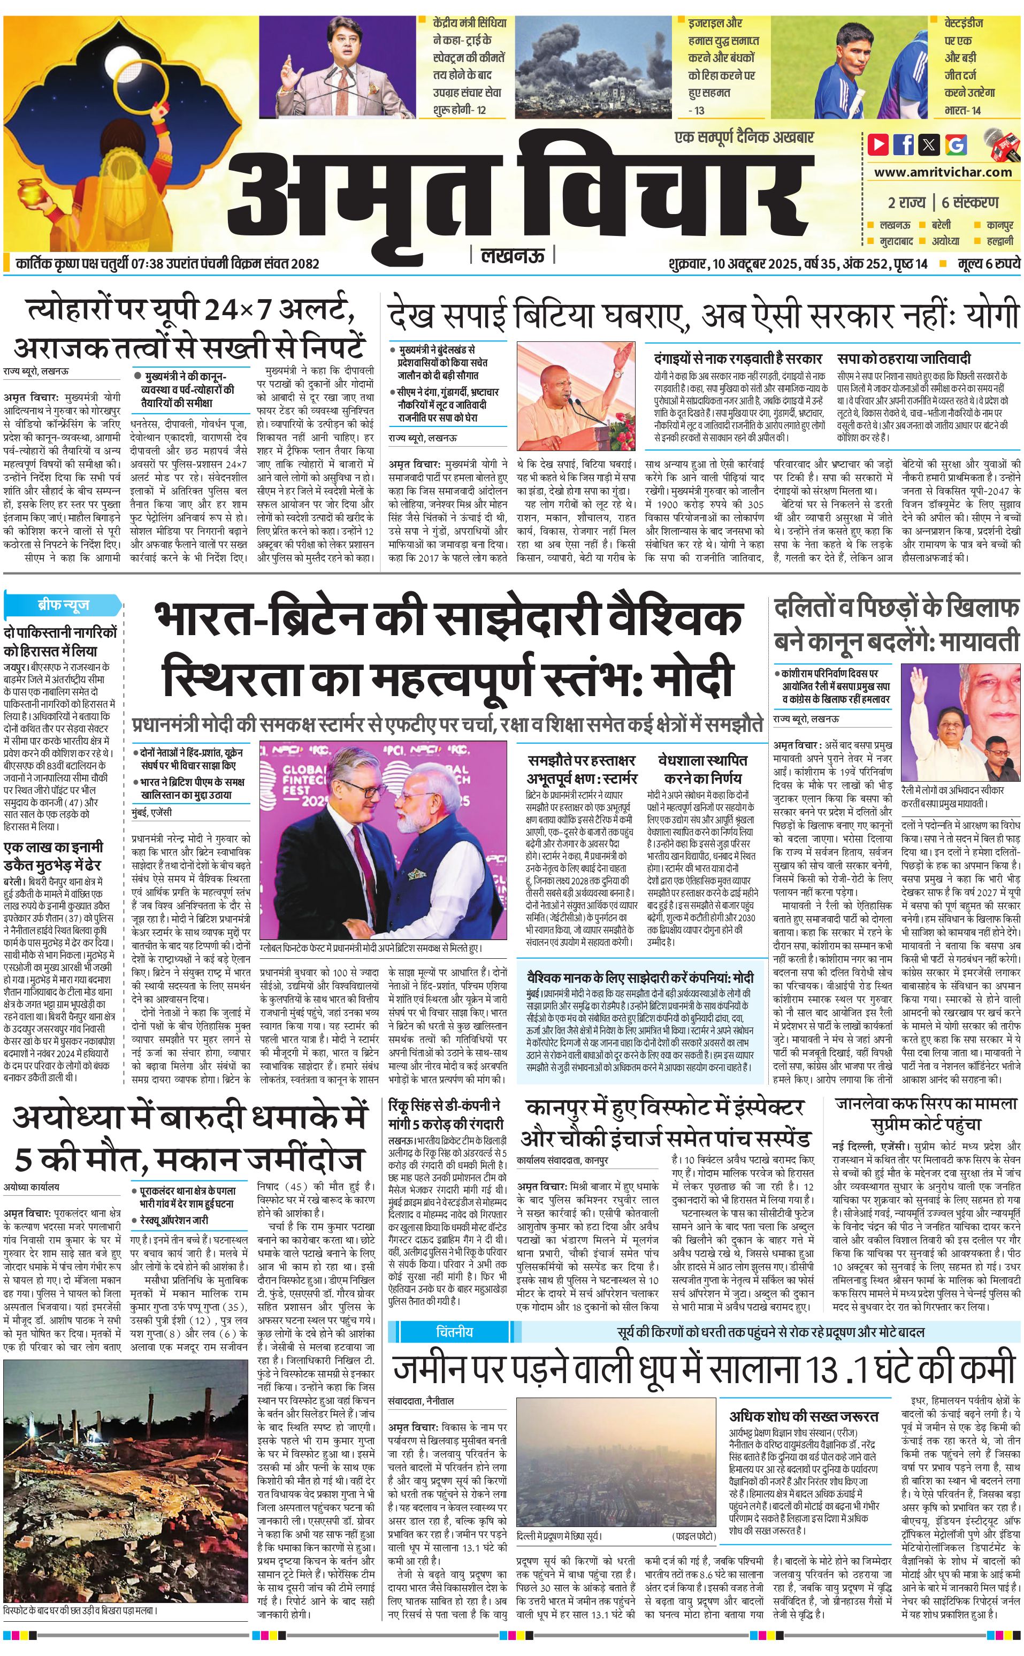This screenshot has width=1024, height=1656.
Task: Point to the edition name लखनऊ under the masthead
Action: click(511, 256)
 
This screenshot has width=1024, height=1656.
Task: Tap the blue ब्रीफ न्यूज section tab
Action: click(63, 605)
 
